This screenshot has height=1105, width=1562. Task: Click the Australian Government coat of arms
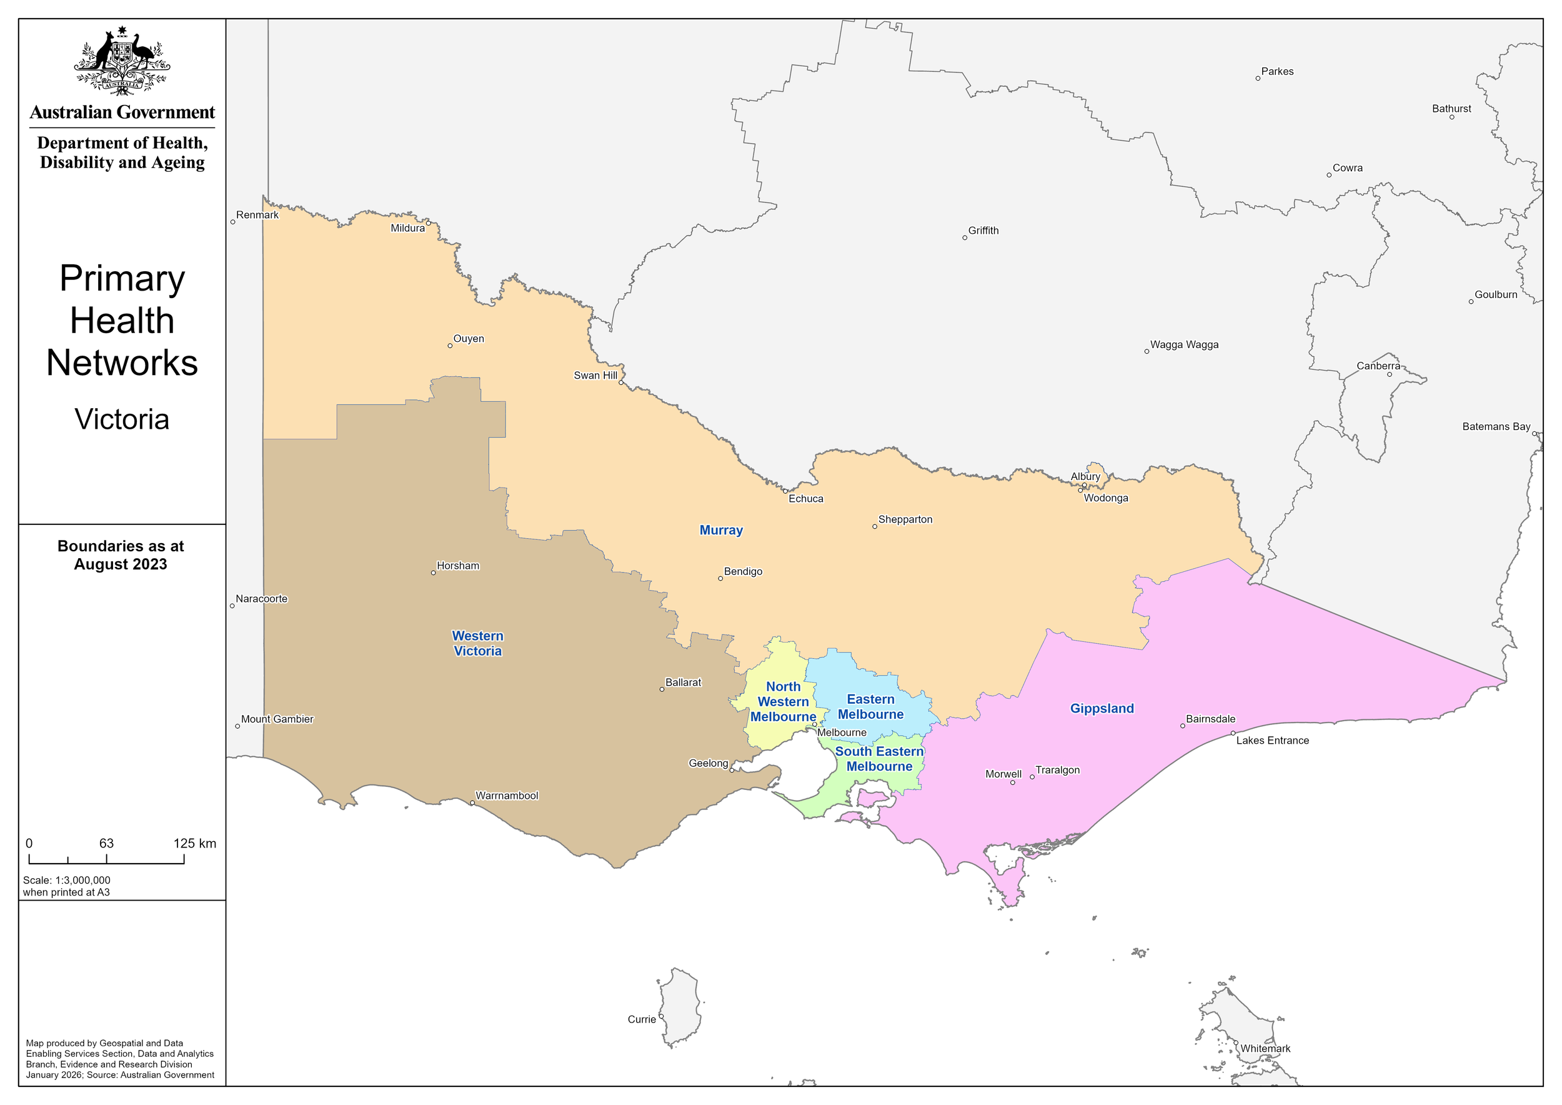122,61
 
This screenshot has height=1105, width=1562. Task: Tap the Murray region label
721,530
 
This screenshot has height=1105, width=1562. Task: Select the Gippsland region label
1102,708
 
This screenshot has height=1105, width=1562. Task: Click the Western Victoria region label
477,643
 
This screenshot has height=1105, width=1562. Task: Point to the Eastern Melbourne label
870,706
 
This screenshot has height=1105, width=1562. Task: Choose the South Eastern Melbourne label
879,759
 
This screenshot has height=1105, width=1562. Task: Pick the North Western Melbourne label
783,701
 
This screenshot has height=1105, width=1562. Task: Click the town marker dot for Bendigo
720,578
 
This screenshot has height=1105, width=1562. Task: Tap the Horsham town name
458,566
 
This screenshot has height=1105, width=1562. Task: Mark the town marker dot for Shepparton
875,527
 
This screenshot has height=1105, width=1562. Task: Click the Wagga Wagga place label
1185,344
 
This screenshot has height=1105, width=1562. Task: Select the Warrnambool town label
507,796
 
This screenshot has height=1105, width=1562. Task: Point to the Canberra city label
1378,366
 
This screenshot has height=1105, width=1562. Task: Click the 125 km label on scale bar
194,844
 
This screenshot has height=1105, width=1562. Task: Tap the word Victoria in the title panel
122,419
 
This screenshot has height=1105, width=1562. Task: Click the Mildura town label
407,228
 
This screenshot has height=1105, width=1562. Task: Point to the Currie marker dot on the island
660,1016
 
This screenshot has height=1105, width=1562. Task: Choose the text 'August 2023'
121,564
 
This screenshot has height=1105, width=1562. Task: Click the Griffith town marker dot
965,237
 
